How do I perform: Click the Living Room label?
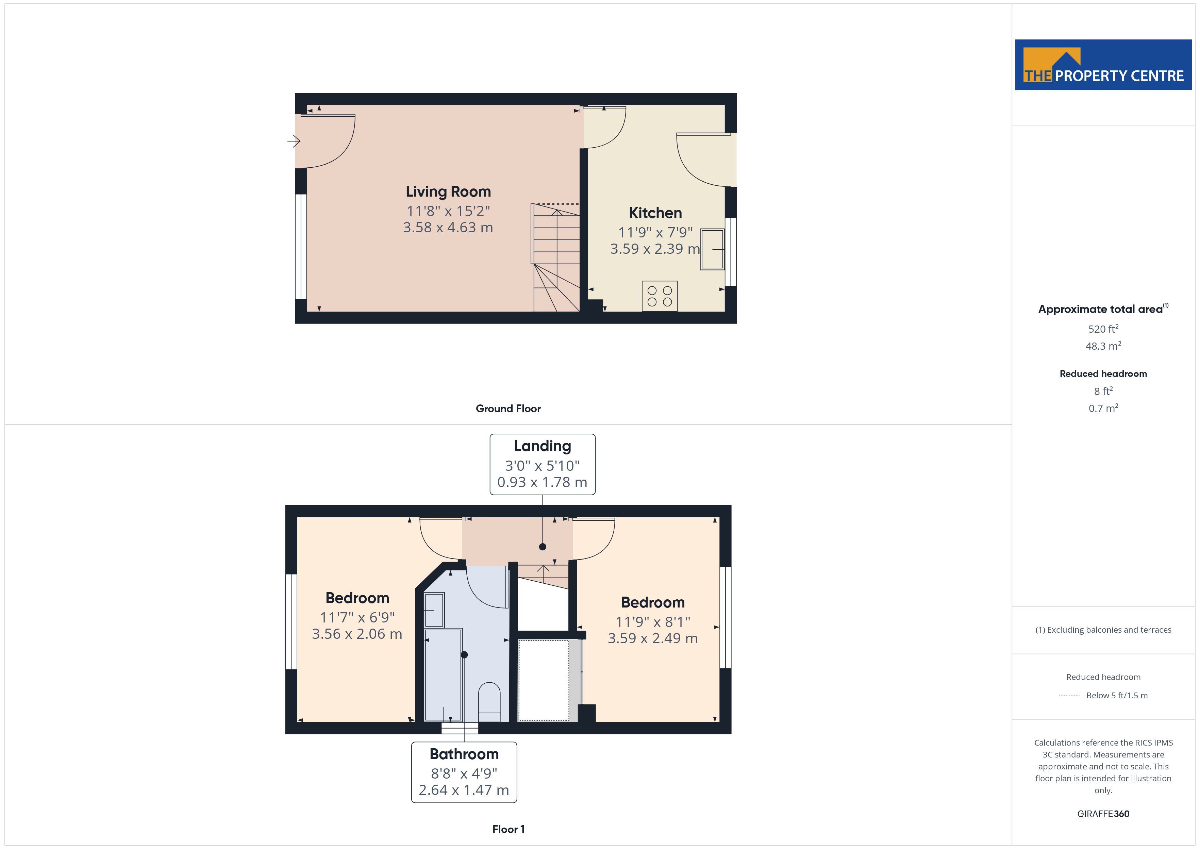[448, 192]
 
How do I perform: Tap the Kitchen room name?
[655, 213]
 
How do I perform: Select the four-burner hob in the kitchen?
[660, 296]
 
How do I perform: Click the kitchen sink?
[712, 249]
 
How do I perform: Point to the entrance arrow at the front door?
[294, 141]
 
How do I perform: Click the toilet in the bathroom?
[489, 702]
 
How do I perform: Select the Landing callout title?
[543, 446]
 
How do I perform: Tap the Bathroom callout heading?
[464, 754]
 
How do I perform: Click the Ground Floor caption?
[508, 409]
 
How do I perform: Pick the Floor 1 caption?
[509, 829]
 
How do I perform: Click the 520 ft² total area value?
[1103, 329]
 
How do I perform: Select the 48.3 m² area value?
[1103, 346]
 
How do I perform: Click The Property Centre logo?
[1103, 65]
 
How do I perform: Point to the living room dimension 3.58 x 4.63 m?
[448, 228]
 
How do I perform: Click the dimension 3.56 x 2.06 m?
[357, 634]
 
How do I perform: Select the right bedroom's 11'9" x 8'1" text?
[653, 621]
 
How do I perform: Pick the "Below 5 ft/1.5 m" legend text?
[1117, 695]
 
